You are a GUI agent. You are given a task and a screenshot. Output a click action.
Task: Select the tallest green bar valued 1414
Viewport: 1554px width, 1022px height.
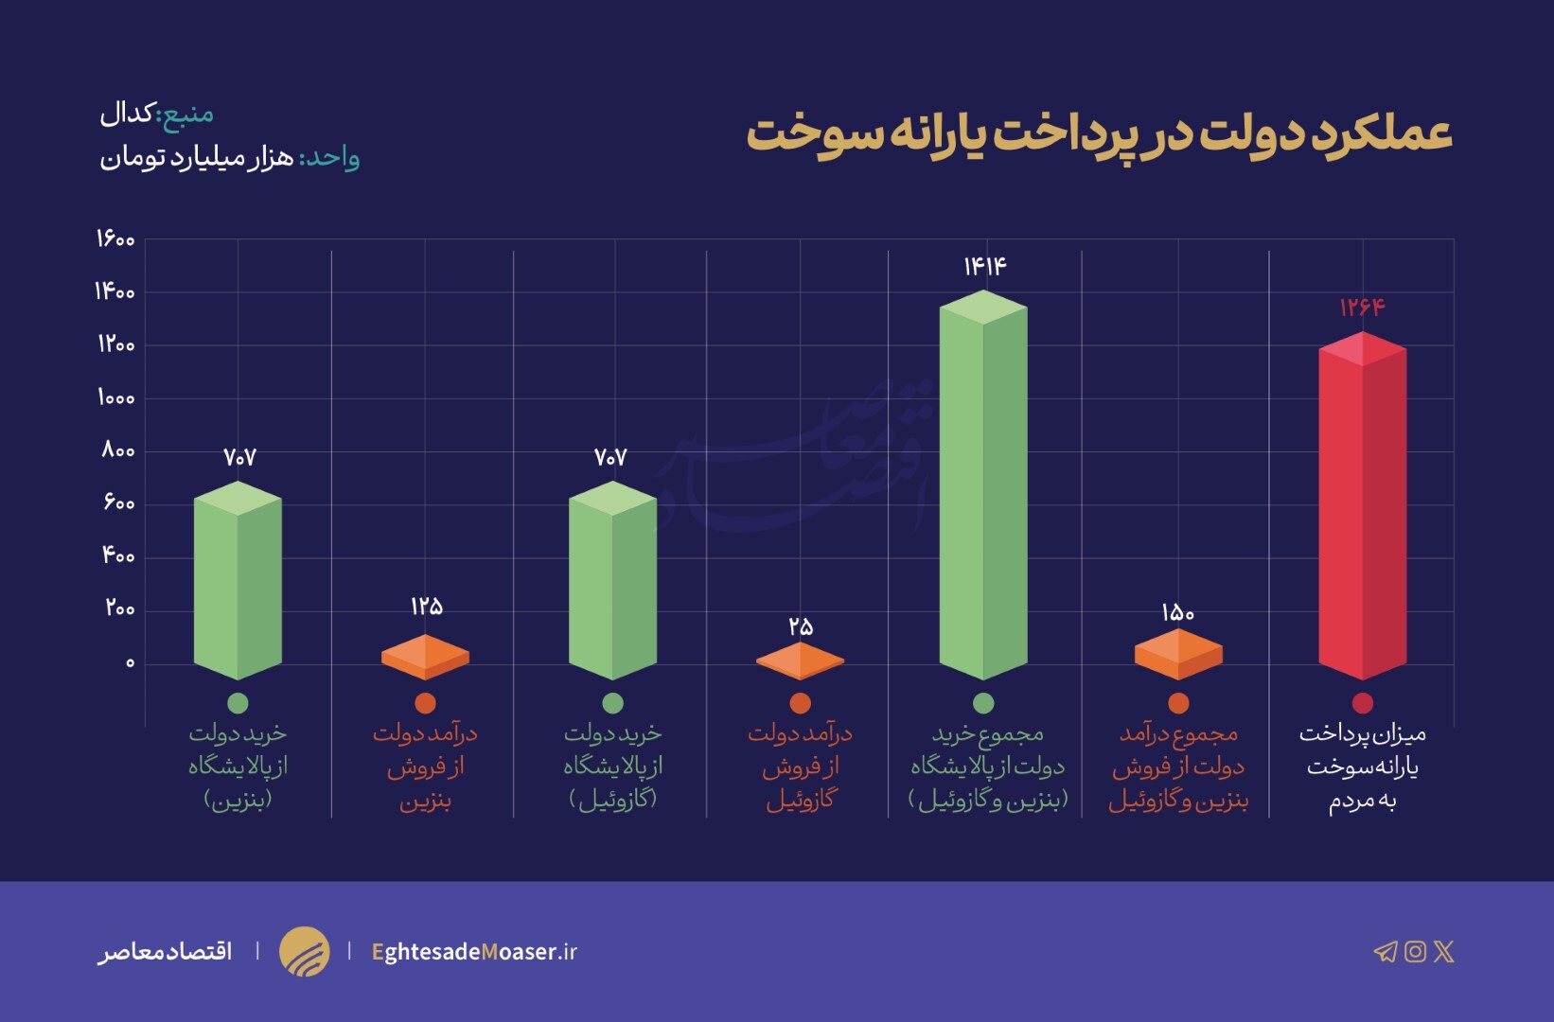tap(983, 487)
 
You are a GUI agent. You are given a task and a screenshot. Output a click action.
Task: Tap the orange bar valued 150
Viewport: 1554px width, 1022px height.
tap(1178, 654)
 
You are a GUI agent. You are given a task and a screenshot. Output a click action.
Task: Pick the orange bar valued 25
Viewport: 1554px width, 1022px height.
tap(800, 661)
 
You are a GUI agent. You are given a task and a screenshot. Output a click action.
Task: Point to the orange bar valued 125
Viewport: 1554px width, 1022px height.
tap(425, 657)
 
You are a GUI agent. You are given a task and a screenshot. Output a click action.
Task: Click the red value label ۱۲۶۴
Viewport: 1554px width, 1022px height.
tap(1362, 307)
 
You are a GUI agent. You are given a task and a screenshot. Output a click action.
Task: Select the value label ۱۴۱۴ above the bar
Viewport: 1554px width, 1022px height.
tap(984, 266)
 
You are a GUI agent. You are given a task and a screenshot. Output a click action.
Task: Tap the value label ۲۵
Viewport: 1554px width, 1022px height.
tap(801, 626)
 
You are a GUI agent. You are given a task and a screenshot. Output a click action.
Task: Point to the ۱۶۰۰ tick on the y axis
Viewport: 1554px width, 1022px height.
tap(115, 238)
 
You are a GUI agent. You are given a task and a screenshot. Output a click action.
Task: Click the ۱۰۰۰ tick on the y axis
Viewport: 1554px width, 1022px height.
tap(115, 397)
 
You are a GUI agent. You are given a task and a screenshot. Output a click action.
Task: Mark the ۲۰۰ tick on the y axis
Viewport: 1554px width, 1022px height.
tap(119, 608)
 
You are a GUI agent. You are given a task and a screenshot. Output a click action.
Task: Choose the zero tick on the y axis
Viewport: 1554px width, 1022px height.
tap(131, 662)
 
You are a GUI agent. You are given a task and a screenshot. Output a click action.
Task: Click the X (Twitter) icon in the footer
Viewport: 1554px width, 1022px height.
tap(1443, 951)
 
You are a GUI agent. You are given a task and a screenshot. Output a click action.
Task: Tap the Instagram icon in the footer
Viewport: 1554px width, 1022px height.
tap(1415, 951)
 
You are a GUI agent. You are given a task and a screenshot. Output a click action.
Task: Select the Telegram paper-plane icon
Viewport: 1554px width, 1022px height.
tap(1385, 951)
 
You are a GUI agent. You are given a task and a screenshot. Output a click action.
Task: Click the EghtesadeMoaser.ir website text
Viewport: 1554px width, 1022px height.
tap(474, 951)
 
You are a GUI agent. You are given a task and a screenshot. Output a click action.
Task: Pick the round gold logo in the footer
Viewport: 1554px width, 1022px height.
tap(304, 951)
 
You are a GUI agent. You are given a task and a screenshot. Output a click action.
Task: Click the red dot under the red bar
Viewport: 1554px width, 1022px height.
tap(1362, 703)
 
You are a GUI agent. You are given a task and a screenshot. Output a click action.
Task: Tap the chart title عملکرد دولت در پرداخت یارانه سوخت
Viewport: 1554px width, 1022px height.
tap(1099, 133)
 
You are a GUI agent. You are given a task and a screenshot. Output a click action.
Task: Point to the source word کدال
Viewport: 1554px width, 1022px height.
tap(127, 114)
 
